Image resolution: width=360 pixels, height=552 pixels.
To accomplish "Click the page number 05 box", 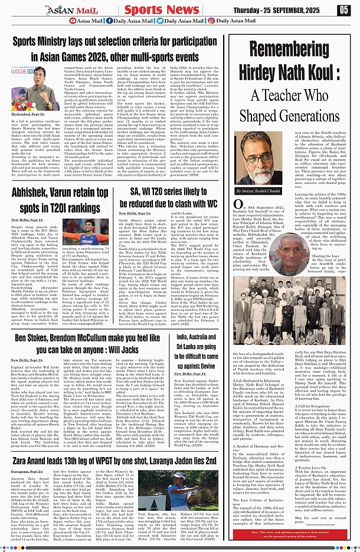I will coord(345,9).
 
